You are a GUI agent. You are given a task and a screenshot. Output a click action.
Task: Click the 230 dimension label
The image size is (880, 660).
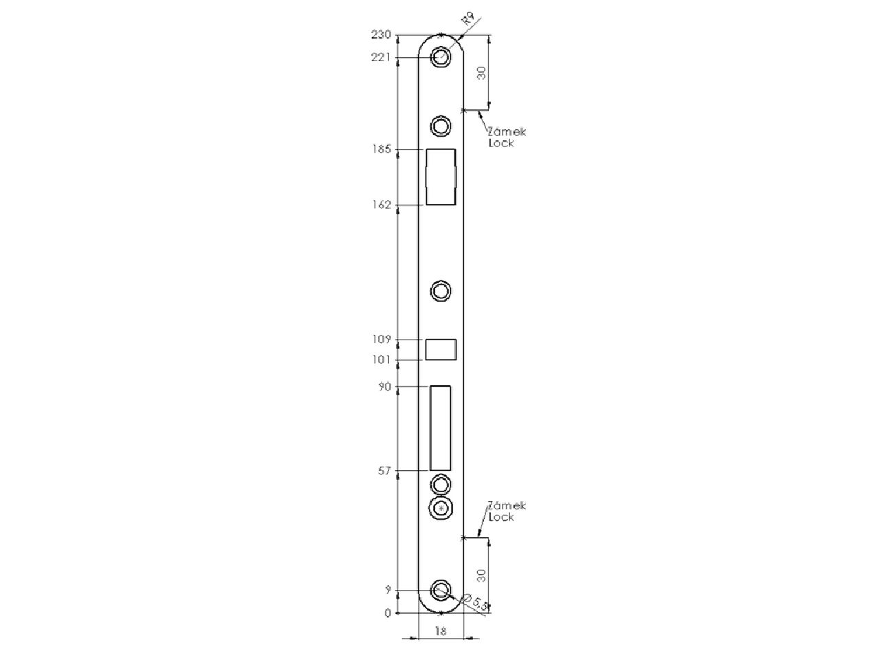[380, 35]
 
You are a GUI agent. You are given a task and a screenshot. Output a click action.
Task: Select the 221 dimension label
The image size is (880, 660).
[380, 58]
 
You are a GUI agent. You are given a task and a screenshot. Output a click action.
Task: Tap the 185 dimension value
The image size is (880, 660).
[382, 149]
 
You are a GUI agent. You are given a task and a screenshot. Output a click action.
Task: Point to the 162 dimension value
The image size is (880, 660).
[382, 205]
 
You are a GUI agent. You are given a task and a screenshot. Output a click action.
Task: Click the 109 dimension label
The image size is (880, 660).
[382, 340]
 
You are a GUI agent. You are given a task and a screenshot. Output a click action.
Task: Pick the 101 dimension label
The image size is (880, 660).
[382, 360]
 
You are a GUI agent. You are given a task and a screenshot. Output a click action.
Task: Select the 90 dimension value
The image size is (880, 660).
[384, 386]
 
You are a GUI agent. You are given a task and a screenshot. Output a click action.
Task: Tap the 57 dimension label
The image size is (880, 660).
[384, 471]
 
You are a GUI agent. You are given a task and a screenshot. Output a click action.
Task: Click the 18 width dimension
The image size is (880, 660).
[440, 632]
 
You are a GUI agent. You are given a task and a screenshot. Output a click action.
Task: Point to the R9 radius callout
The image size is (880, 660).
[468, 19]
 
